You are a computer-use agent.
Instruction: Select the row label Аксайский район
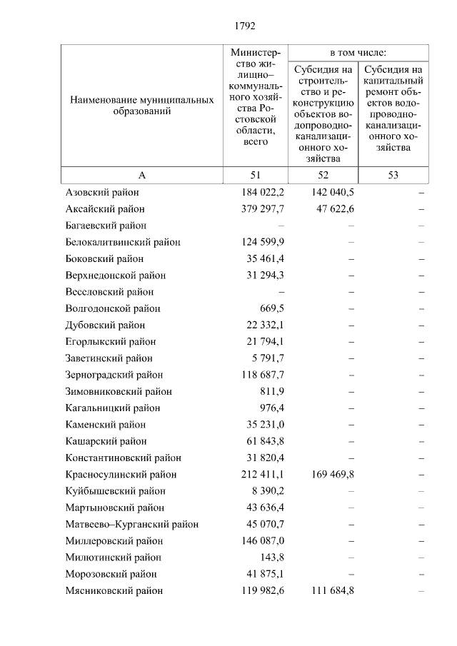[105, 209]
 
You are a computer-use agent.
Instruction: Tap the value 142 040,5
[333, 192]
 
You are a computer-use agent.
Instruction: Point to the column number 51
[256, 176]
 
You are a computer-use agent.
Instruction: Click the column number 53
[393, 176]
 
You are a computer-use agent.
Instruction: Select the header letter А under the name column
[141, 176]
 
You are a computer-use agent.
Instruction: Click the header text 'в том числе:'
[358, 52]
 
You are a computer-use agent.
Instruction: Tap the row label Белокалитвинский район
[123, 242]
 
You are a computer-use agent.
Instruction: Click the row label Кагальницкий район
[113, 408]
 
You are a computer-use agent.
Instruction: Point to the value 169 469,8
[333, 475]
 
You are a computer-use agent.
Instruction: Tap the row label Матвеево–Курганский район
[132, 524]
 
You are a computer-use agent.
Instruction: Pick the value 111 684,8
[333, 591]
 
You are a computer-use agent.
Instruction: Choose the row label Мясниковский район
[114, 591]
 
